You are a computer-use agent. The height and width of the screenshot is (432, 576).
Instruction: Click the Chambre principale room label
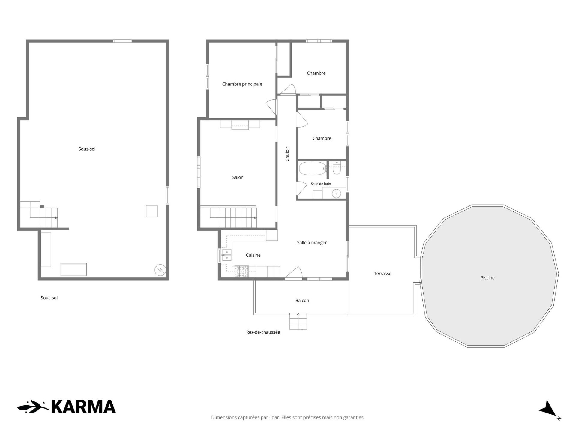point(242,84)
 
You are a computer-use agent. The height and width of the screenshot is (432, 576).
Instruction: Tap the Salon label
point(238,177)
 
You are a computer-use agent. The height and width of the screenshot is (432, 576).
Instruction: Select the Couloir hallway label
point(287,154)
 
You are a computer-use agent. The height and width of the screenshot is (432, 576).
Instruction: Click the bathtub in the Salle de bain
point(313,169)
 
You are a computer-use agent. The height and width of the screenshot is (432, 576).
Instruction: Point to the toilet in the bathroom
point(337,168)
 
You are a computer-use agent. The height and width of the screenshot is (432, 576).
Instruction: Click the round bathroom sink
point(337,194)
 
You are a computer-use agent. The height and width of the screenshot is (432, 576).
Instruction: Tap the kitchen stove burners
point(241,271)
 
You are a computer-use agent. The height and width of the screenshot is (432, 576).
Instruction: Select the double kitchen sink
point(226,254)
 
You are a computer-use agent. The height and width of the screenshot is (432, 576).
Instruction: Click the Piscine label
point(487,278)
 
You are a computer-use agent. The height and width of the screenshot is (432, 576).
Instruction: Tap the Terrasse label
point(382,274)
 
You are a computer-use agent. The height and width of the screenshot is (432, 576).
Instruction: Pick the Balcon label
point(302,301)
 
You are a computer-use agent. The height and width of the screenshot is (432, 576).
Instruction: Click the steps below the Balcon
point(298,321)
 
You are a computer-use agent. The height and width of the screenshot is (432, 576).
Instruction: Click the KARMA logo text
point(84,407)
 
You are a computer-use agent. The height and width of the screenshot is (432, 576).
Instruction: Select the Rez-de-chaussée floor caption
point(263,332)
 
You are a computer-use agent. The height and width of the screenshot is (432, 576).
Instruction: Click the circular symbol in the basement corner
point(160,270)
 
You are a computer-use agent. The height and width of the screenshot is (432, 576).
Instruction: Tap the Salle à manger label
point(312,243)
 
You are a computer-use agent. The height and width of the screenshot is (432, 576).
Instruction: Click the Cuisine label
point(253,255)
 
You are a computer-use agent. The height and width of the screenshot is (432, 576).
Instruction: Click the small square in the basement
point(152,211)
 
